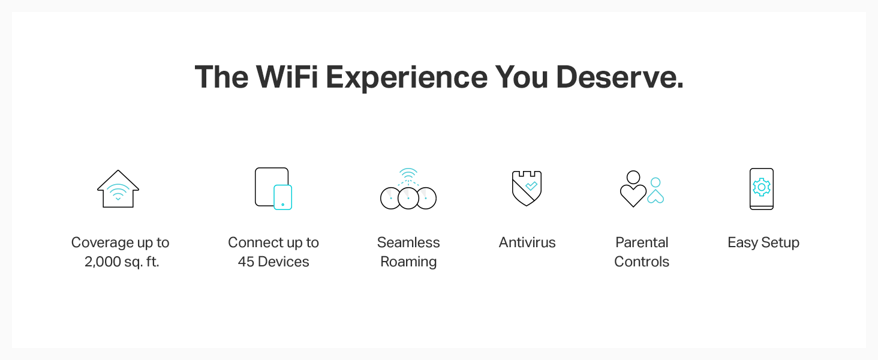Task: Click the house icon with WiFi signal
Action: pyautogui.click(x=118, y=189)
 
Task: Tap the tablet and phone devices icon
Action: pyautogui.click(x=273, y=188)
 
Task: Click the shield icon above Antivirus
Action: pyautogui.click(x=527, y=188)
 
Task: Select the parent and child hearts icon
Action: pyautogui.click(x=642, y=189)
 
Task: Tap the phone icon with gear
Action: pyautogui.click(x=762, y=189)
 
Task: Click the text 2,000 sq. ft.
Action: pyautogui.click(x=122, y=262)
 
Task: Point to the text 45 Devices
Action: pyautogui.click(x=273, y=262)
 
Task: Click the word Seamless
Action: pyautogui.click(x=408, y=243)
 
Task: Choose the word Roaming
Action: pyautogui.click(x=408, y=262)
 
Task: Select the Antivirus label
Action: pyautogui.click(x=527, y=243)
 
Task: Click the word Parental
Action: pyautogui.click(x=642, y=243)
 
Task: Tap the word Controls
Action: pyautogui.click(x=642, y=262)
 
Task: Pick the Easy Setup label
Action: pyautogui.click(x=763, y=243)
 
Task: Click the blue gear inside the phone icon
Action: pyautogui.click(x=762, y=187)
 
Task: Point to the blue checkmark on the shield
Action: pyautogui.click(x=531, y=186)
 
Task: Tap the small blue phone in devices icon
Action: pyautogui.click(x=283, y=197)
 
